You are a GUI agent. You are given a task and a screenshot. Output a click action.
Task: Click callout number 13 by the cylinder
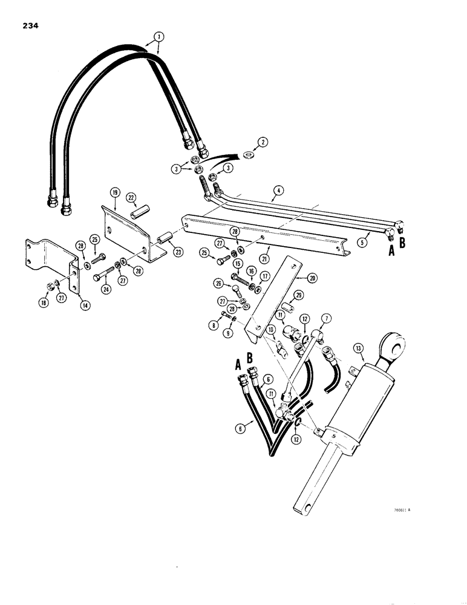click(x=359, y=348)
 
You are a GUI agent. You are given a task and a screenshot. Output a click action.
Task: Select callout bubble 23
click(x=178, y=252)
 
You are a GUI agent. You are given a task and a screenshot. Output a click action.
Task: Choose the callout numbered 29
click(x=298, y=295)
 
